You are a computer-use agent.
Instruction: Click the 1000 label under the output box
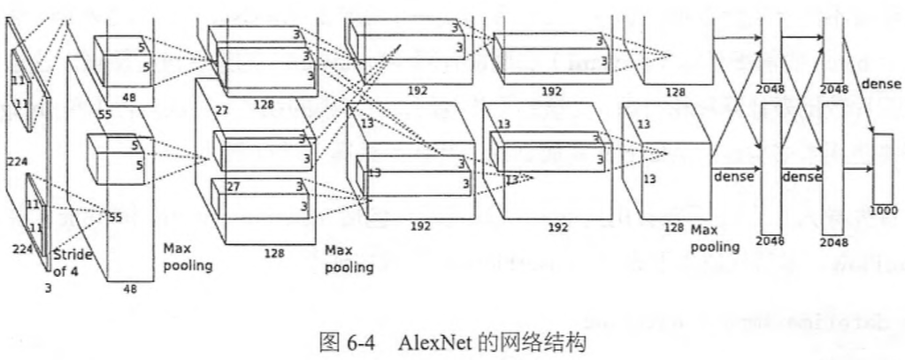click(x=883, y=211)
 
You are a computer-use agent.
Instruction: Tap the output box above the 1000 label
click(x=883, y=168)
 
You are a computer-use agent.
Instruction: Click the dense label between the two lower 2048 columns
click(x=801, y=176)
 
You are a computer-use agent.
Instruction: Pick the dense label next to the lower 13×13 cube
click(x=733, y=176)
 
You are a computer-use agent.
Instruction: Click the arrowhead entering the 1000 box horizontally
click(x=869, y=167)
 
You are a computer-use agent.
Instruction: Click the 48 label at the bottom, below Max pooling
click(x=131, y=288)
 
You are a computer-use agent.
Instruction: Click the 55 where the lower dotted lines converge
click(x=114, y=216)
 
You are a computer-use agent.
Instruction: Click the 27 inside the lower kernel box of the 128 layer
click(x=234, y=186)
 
